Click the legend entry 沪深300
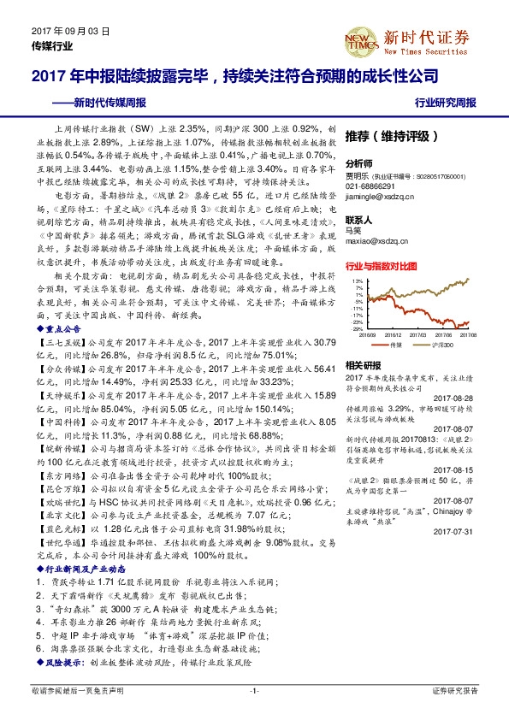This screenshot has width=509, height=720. click(453, 345)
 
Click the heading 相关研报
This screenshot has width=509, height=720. click(363, 364)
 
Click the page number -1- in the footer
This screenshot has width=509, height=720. click(254, 689)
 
